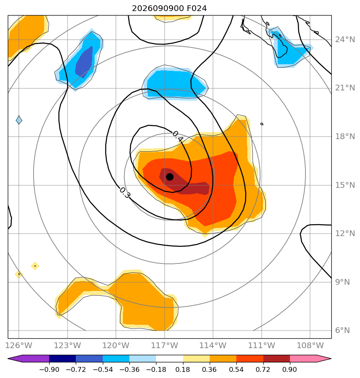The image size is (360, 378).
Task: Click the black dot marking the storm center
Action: click(x=170, y=177)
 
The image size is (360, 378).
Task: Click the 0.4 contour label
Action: click(x=178, y=136)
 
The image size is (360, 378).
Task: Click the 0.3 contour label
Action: click(x=125, y=193)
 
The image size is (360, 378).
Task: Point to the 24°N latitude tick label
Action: click(x=345, y=40)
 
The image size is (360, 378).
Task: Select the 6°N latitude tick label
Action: click(x=342, y=330)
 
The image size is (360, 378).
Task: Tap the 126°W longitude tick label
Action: click(x=18, y=345)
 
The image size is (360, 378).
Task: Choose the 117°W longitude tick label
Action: click(x=164, y=345)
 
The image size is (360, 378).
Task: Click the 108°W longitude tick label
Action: click(x=310, y=345)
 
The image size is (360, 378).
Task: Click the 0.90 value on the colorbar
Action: click(x=290, y=369)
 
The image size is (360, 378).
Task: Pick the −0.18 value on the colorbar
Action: click(x=156, y=369)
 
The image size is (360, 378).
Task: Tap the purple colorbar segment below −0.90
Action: click(x=29, y=358)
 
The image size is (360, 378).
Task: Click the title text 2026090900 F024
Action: click(x=170, y=9)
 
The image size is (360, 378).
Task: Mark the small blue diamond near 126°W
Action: click(x=19, y=120)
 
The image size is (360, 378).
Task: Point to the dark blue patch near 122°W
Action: click(x=84, y=62)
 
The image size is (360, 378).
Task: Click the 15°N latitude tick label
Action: click(x=345, y=185)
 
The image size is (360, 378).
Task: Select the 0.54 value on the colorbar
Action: click(x=236, y=369)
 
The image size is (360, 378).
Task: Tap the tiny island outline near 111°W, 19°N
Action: click(x=262, y=124)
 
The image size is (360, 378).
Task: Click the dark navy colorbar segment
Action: click(x=63, y=358)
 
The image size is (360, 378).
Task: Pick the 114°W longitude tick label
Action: click(x=213, y=345)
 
